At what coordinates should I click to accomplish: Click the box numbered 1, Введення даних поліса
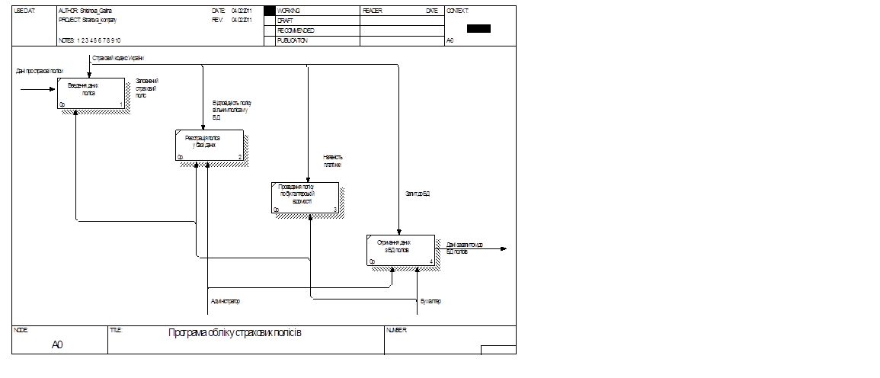coord(90,94)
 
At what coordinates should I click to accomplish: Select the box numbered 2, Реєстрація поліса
coord(209,145)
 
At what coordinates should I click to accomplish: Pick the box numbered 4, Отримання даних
coord(400,250)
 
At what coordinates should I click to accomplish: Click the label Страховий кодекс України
coord(118,58)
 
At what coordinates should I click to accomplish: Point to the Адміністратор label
coord(226,301)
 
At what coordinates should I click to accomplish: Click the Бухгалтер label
coord(430,301)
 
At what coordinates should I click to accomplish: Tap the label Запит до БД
coord(418,194)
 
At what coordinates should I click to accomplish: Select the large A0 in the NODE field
coord(57,345)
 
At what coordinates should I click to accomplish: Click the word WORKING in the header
coord(290,11)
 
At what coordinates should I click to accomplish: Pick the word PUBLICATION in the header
coord(293,40)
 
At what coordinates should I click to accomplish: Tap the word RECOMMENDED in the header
coord(296,30)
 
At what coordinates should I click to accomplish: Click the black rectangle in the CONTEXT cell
coord(478,28)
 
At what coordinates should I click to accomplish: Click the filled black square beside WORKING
coord(269,11)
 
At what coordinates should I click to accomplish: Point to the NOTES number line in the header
coord(89,40)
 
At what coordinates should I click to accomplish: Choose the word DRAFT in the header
coord(286,21)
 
